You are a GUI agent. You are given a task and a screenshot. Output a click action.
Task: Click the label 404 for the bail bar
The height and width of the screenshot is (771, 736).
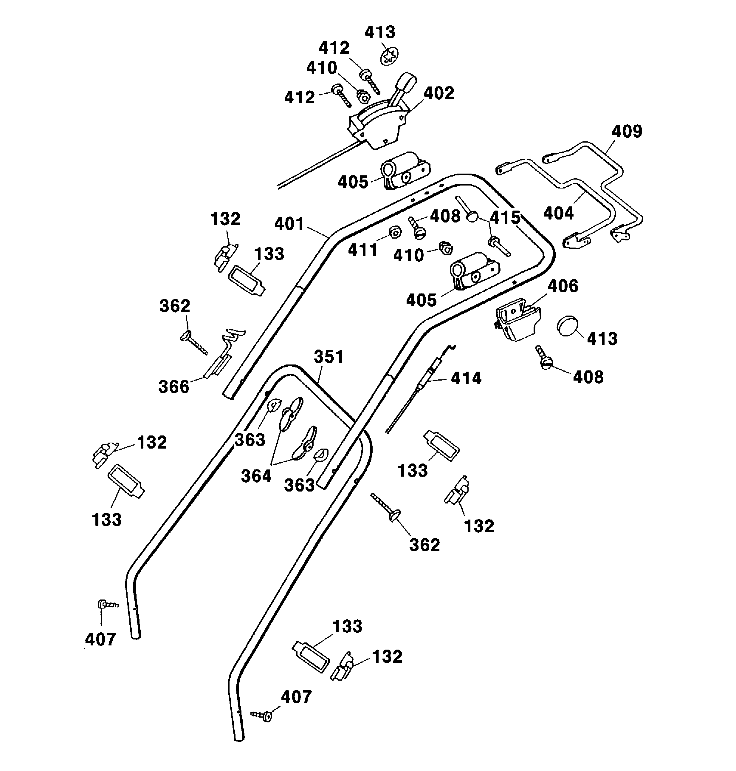tap(558, 214)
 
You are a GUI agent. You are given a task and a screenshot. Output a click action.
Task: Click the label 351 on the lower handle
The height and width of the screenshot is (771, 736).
tap(329, 357)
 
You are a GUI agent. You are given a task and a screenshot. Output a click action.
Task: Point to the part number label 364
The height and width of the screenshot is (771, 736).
tap(256, 476)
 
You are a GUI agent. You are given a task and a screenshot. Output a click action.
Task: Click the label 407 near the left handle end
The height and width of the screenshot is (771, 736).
tap(100, 640)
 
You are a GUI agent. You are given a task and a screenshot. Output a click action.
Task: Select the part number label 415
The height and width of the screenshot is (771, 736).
tap(505, 217)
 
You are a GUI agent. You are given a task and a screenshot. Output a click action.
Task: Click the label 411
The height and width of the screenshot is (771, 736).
tap(363, 250)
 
